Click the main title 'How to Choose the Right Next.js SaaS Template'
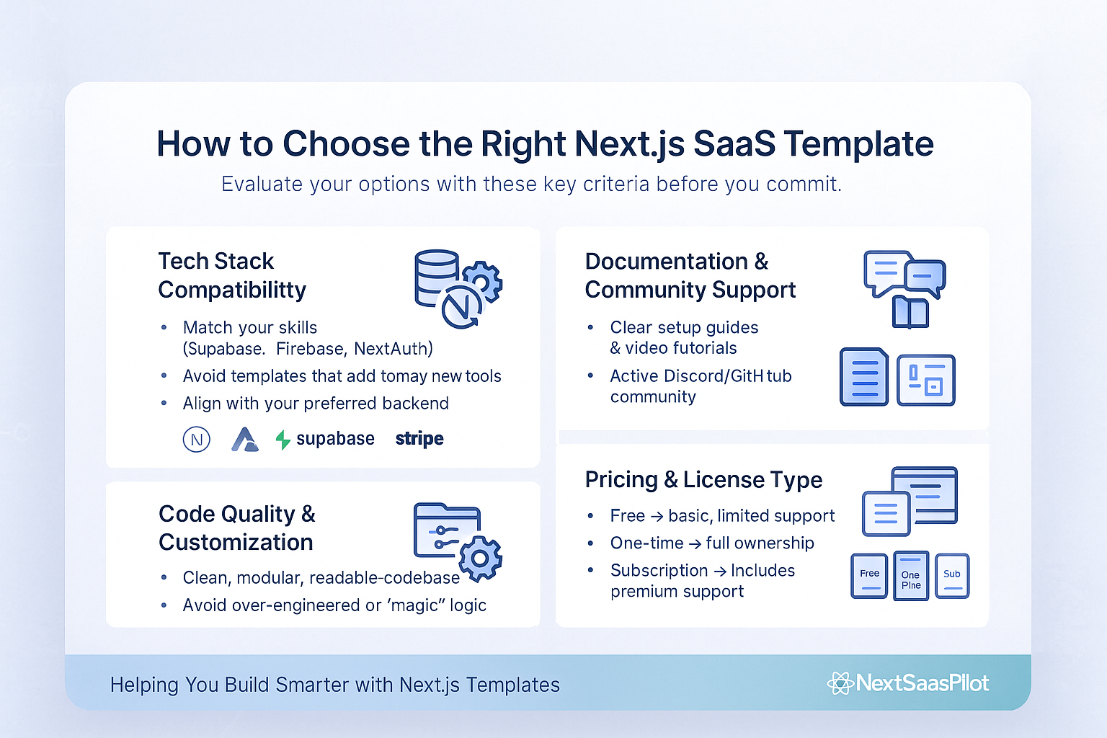545,144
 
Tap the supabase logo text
334,439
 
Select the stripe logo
419,439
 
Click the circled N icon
197,440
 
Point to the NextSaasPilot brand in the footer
910,683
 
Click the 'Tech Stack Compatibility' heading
231,275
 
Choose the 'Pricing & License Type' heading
703,480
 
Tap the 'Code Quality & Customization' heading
236,528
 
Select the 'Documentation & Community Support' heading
690,275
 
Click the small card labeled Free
869,576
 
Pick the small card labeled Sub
952,576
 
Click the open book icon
910,312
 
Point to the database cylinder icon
436,277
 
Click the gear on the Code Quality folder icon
480,559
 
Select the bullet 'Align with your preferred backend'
316,404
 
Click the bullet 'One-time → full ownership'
712,543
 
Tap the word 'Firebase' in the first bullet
310,350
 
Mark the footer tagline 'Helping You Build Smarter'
334,685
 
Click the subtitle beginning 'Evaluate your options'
531,184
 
